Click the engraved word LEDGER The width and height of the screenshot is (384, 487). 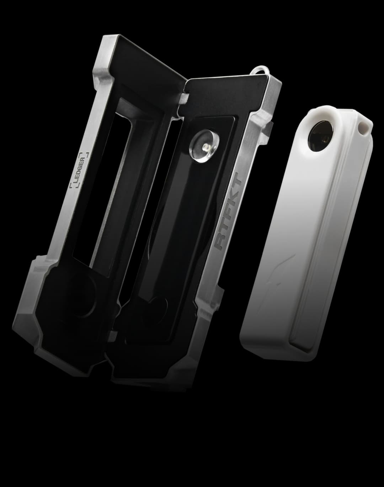coord(79,170)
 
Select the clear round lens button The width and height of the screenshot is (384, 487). coord(204,145)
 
